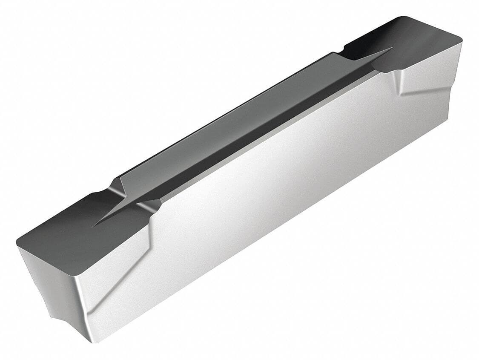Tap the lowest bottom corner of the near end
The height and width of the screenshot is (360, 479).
[92, 341]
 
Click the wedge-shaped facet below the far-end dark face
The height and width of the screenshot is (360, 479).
[422, 81]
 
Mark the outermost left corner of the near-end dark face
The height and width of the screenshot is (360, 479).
[18, 246]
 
